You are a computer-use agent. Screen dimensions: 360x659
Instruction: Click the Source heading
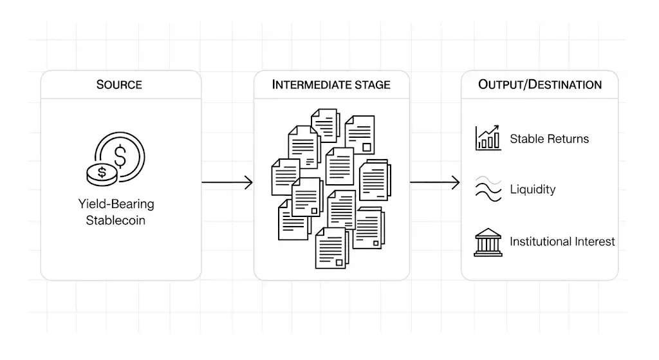119,84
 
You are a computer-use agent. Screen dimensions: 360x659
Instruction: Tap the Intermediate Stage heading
331,84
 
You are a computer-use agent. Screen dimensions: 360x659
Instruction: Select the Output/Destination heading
540,84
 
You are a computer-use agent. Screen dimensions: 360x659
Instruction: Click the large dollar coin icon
121,155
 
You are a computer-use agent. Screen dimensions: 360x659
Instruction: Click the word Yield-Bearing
116,204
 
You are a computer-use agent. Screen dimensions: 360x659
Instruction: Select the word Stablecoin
116,220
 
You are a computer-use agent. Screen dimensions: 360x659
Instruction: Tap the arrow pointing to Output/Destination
435,183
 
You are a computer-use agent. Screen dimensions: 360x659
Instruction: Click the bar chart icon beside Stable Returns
488,138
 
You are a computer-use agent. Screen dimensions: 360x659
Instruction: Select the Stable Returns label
549,138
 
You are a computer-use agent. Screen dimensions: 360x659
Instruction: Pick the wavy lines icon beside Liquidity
488,189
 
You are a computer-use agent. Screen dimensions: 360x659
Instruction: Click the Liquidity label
532,189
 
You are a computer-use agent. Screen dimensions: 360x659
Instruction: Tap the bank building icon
488,242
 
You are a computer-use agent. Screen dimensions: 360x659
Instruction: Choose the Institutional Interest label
562,242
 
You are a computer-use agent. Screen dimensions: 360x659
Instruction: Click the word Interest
593,242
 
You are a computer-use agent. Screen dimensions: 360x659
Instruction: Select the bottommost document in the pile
331,248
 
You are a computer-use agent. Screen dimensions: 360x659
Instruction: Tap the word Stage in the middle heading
371,84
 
